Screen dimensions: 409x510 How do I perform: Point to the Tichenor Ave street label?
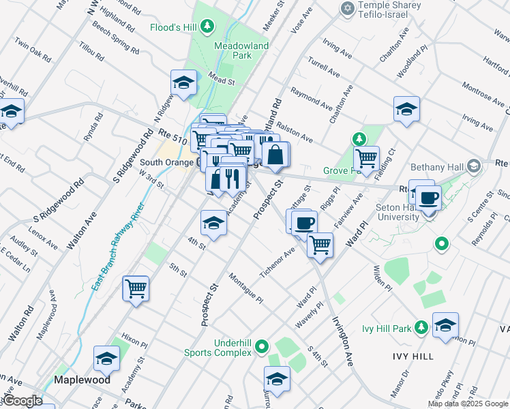click(x=277, y=262)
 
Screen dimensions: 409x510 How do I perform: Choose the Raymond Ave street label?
click(x=312, y=96)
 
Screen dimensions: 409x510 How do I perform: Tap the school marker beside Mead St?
click(x=183, y=83)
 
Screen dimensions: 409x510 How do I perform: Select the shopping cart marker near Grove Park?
click(x=367, y=158)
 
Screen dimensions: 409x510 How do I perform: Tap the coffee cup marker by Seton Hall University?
click(x=427, y=198)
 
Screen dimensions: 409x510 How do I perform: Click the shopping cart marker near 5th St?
click(x=136, y=289)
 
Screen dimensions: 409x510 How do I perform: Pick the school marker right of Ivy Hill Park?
click(x=445, y=326)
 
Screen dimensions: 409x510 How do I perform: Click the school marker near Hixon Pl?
click(x=106, y=359)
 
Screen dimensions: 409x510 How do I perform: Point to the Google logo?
click(x=22, y=400)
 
